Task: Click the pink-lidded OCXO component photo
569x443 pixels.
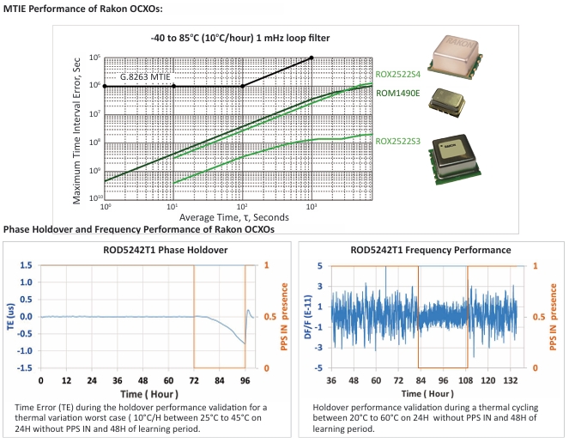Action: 447,57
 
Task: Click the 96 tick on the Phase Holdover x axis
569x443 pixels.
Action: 245,379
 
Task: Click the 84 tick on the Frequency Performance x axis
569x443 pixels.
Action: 419,379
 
